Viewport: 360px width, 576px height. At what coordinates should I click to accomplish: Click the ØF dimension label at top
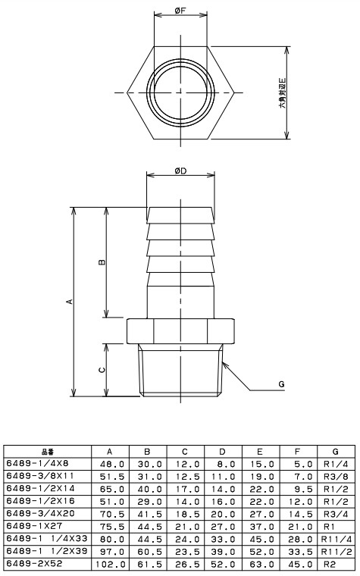tap(180, 11)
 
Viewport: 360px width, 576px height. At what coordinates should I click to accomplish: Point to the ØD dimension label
tap(180, 171)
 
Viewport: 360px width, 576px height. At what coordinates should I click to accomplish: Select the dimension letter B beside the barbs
tap(102, 262)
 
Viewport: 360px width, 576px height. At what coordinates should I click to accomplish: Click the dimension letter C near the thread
tap(102, 370)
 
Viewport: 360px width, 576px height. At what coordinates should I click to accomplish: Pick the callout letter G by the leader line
tap(281, 384)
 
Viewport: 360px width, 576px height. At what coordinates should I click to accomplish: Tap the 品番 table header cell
tap(48, 452)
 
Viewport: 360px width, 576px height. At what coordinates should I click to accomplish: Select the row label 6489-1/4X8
tap(37, 464)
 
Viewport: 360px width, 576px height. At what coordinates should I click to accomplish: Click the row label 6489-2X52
tap(35, 564)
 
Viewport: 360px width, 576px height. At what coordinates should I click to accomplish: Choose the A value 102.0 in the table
tap(111, 564)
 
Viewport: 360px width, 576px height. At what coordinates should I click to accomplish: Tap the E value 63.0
tap(262, 564)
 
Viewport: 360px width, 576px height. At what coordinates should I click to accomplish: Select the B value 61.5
tap(150, 564)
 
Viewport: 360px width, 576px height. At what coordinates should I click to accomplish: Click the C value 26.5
tap(187, 564)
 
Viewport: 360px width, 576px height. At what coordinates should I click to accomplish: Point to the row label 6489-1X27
tap(35, 526)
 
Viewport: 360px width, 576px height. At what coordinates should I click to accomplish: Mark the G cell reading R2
tap(329, 564)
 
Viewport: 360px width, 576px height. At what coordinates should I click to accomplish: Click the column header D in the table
tap(222, 452)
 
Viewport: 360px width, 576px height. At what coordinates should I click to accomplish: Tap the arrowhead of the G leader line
tap(225, 365)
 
